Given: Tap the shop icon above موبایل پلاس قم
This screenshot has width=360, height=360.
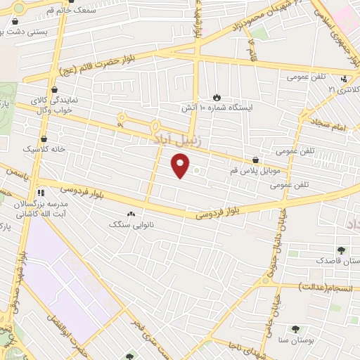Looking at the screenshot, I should pyautogui.click(x=255, y=160).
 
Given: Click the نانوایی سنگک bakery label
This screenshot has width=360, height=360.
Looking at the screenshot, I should pyautogui.click(x=129, y=224).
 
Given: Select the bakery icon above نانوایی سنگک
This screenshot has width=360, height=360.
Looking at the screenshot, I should pyautogui.click(x=130, y=214).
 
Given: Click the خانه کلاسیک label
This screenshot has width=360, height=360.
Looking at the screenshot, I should pyautogui.click(x=44, y=150).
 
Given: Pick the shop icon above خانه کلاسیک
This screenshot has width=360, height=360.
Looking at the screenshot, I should pyautogui.click(x=44, y=139).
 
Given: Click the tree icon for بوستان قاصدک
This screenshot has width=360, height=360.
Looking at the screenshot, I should pyautogui.click(x=342, y=250).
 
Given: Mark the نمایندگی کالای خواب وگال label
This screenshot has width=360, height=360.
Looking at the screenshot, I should pyautogui.click(x=53, y=105).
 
